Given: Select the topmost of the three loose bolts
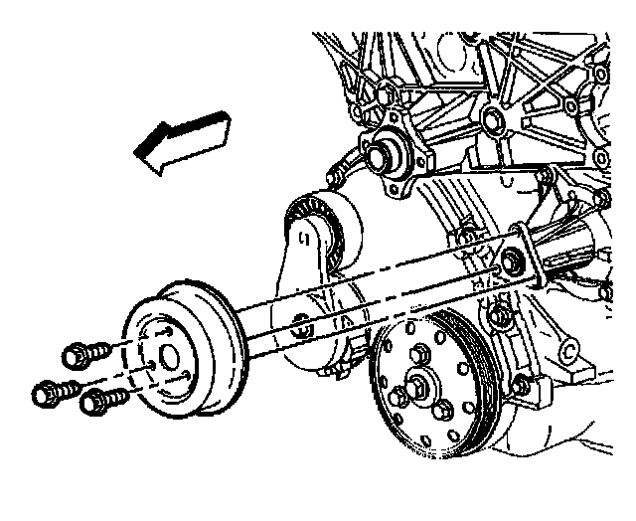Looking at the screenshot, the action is coord(83,353).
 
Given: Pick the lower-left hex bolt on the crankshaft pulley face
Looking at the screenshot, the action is coord(397,398).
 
